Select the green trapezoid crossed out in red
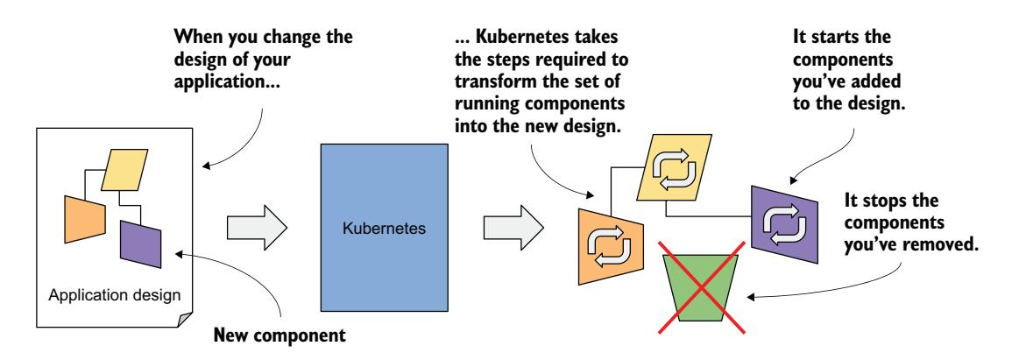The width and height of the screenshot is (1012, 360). tap(699, 288)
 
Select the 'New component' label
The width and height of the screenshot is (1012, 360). tap(271, 335)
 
